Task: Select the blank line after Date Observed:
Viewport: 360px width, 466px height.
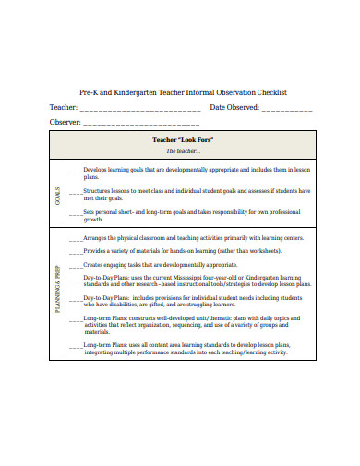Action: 286,110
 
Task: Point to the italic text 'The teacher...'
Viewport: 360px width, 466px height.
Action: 183,150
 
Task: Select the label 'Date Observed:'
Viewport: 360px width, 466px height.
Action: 234,108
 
